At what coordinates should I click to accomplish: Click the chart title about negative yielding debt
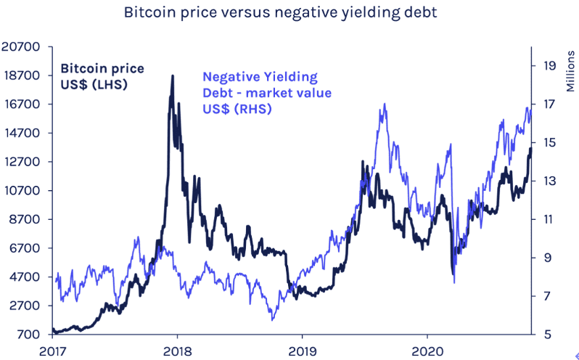[x=281, y=12]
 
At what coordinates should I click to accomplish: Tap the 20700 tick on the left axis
[x=20, y=47]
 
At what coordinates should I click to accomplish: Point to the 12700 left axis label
[x=20, y=162]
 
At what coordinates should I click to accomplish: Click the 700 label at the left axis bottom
[x=27, y=335]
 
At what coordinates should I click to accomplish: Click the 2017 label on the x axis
[x=52, y=351]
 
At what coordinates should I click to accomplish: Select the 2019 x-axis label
[x=302, y=351]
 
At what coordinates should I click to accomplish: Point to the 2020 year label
[x=427, y=351]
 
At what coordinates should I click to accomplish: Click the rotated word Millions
[x=570, y=71]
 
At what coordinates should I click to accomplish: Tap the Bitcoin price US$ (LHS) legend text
[x=102, y=76]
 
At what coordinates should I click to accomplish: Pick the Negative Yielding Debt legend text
[x=267, y=93]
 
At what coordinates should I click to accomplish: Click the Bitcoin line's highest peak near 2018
[x=173, y=76]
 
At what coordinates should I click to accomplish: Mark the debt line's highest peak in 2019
[x=385, y=104]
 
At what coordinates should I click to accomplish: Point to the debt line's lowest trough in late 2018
[x=273, y=320]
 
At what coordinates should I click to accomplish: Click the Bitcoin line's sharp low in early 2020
[x=453, y=274]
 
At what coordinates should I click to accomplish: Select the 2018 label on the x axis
[x=177, y=351]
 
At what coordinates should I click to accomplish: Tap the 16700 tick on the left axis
[x=20, y=104]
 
